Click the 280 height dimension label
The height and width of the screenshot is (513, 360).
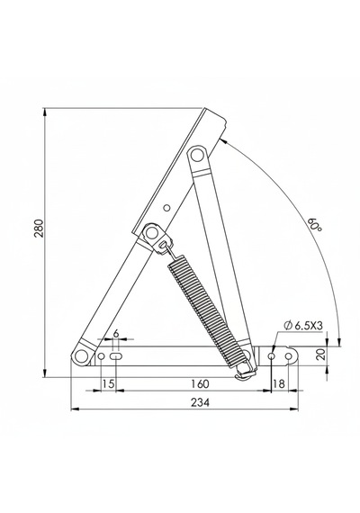(x=39, y=228)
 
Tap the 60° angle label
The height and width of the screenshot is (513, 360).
(x=315, y=225)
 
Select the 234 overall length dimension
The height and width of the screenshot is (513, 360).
(x=201, y=402)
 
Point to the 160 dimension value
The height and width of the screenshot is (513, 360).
(x=200, y=383)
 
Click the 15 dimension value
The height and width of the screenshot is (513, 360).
(x=108, y=383)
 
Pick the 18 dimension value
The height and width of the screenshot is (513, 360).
(x=279, y=383)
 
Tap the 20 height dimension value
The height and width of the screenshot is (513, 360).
(x=322, y=355)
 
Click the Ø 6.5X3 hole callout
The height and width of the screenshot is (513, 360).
(x=304, y=326)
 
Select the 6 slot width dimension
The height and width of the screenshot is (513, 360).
(x=115, y=333)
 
